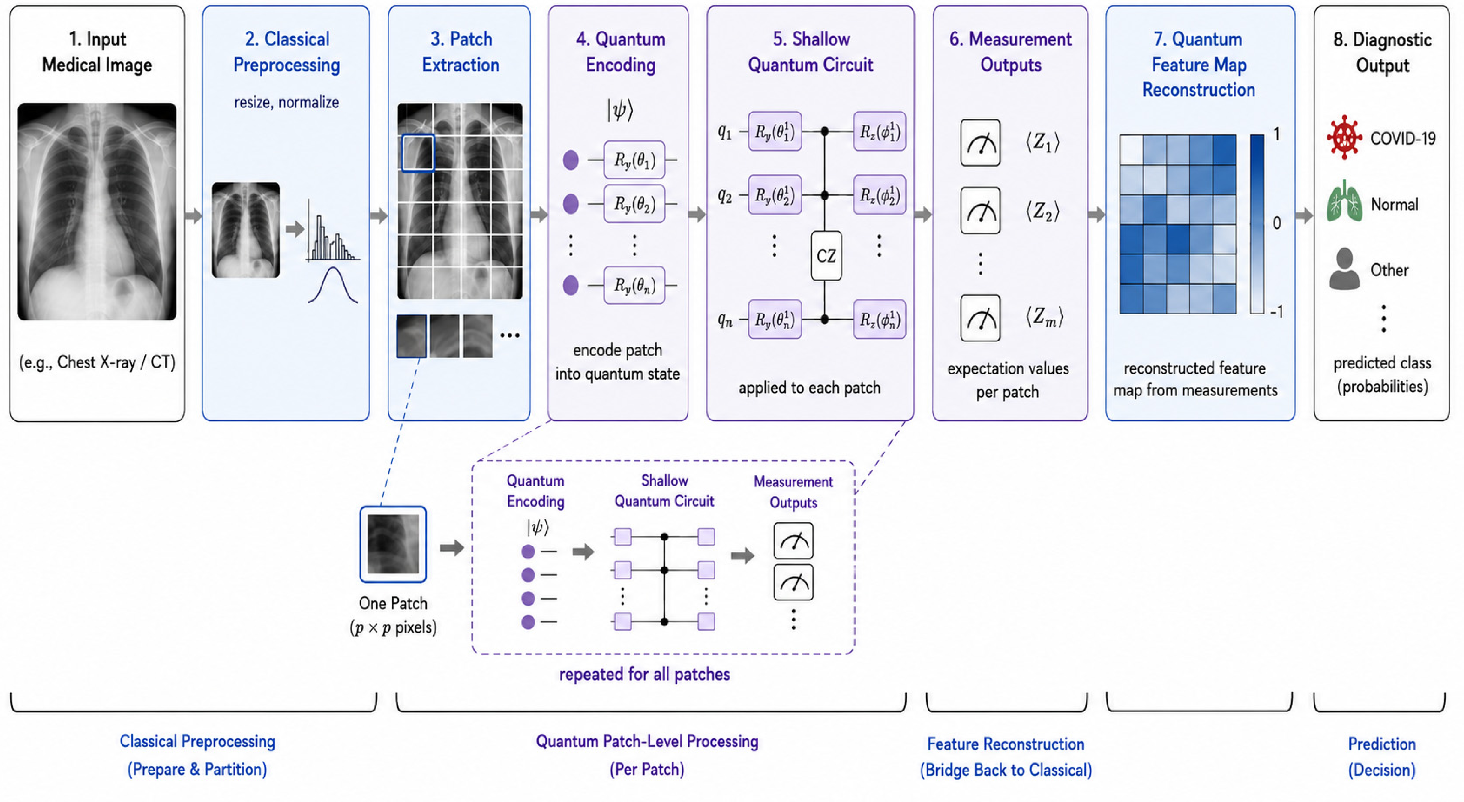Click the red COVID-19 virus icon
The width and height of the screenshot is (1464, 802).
click(1344, 137)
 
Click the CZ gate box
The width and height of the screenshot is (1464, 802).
click(826, 255)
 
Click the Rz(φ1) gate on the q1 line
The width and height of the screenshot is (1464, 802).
click(879, 132)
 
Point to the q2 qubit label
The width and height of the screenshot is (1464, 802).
click(725, 196)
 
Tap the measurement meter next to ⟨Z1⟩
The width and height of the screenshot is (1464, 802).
click(980, 142)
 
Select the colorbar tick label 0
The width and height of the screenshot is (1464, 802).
click(1277, 223)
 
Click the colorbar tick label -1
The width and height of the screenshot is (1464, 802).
click(1277, 312)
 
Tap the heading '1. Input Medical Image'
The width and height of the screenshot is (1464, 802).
click(97, 52)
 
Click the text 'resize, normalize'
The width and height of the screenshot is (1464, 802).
click(287, 103)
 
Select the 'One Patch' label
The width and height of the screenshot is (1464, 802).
click(393, 603)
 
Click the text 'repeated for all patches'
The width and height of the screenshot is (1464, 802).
click(645, 674)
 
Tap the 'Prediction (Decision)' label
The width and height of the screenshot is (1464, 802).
click(1382, 756)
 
